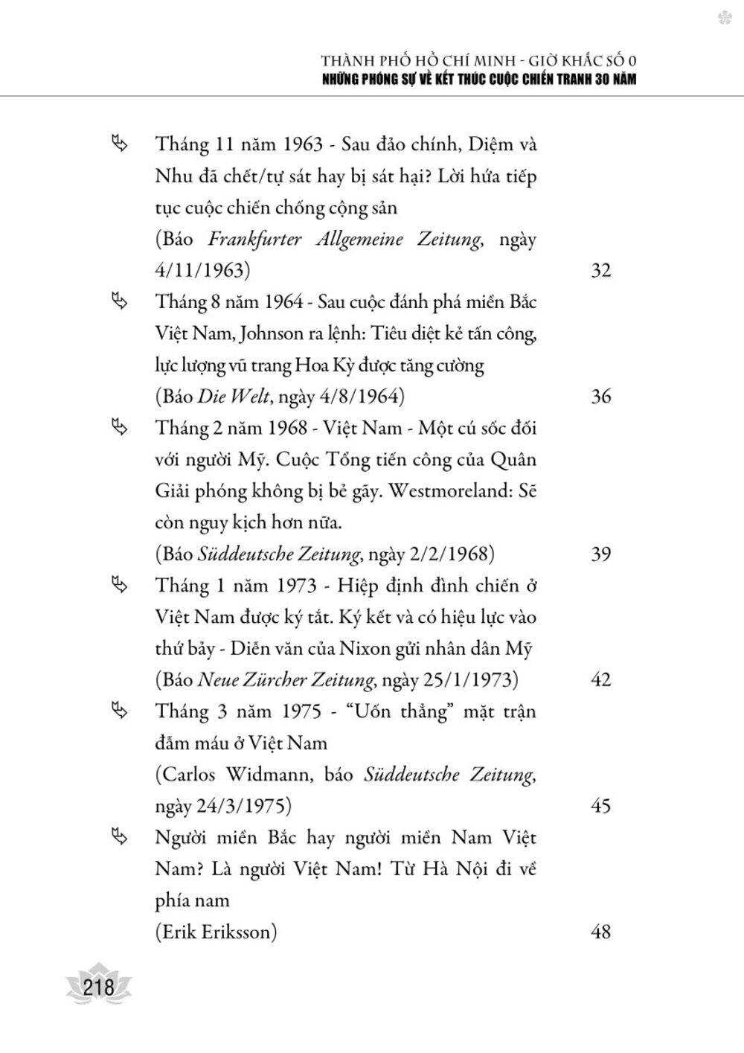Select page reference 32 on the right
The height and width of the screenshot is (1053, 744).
coord(600,270)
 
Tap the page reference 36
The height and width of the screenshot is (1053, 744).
coord(600,396)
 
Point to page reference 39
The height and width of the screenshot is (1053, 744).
coord(600,554)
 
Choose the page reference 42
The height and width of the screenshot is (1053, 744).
coord(600,679)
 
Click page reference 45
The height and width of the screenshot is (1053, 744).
coord(600,805)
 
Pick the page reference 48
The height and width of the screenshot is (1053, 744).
coord(600,931)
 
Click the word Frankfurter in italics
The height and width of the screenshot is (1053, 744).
coord(253,240)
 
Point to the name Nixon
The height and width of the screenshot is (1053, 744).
coord(365,648)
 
